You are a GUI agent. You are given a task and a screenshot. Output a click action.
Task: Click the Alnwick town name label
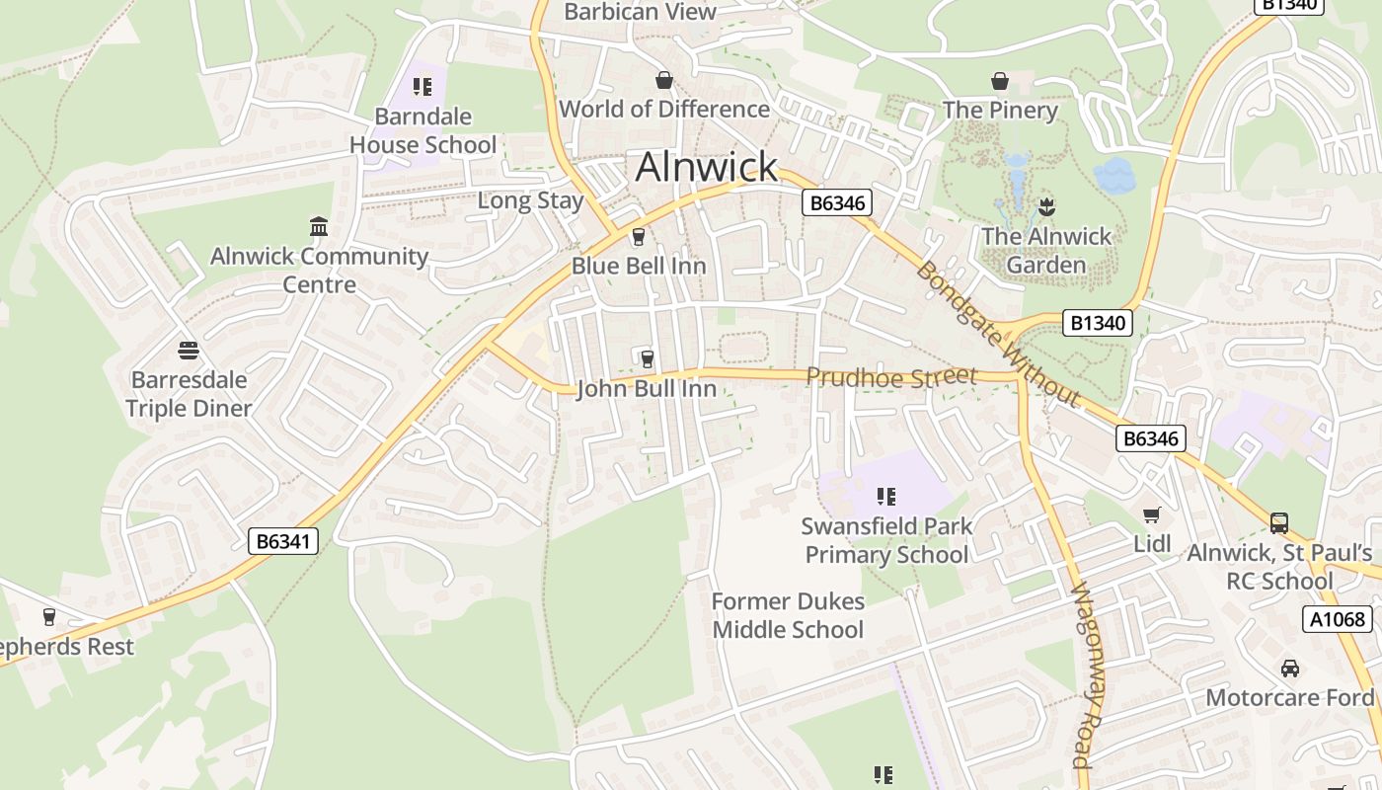707,167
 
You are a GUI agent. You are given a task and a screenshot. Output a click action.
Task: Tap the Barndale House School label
422,130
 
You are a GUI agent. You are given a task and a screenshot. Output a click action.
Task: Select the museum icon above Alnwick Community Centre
319,227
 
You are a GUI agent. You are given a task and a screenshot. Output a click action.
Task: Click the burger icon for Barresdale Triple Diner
189,351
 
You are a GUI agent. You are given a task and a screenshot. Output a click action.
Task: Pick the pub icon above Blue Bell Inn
638,237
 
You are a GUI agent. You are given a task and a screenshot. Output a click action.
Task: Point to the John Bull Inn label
646,389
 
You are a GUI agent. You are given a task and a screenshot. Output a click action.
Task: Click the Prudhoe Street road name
890,376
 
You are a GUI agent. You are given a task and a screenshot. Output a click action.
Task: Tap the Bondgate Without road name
997,334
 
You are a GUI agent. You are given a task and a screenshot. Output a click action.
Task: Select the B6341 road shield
283,540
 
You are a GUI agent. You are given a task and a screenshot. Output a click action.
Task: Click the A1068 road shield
1338,619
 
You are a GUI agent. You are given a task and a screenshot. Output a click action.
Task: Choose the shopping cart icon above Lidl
1151,514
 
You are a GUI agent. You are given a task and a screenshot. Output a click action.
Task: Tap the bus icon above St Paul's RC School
1279,523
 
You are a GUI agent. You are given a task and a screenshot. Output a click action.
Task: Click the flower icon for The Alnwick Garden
1046,207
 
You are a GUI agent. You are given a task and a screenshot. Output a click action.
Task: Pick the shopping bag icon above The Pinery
1000,81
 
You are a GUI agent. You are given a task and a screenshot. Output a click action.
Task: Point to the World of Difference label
664,109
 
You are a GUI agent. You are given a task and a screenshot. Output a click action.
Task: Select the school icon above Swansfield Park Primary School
886,497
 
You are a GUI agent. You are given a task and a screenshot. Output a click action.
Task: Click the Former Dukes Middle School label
788,615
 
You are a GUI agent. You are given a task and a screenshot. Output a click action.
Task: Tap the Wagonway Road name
1084,676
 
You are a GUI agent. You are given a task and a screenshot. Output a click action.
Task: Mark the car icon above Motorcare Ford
1289,669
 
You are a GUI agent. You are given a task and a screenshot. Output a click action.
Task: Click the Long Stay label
530,200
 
